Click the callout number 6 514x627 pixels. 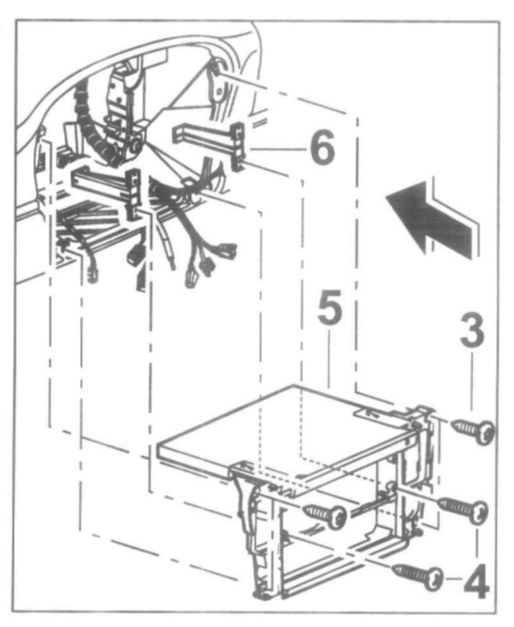(320, 149)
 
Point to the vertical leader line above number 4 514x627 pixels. (478, 539)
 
